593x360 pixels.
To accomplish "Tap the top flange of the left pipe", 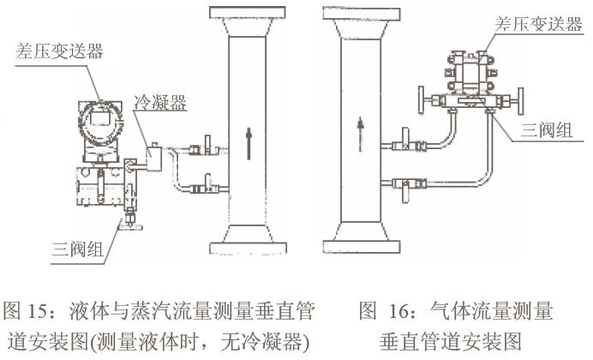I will tap(248, 12).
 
